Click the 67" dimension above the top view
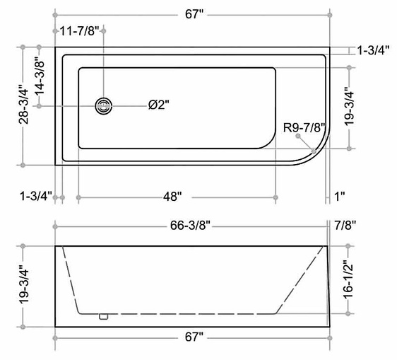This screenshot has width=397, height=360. tap(194, 14)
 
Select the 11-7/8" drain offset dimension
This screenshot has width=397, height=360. tap(79, 31)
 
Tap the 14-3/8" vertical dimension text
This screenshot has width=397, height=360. tap(40, 78)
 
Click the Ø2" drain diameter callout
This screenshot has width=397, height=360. tap(159, 105)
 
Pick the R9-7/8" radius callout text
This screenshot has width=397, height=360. tap(304, 127)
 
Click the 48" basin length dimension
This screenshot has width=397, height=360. tap(172, 197)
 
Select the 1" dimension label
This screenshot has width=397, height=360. tap(340, 197)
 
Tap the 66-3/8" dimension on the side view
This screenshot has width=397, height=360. tap(190, 225)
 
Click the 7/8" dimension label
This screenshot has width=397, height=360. tap(345, 225)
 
